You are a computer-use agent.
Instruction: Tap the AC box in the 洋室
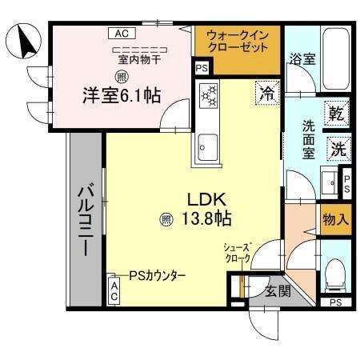tap(121, 34)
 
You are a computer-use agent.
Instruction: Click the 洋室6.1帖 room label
tap(119, 95)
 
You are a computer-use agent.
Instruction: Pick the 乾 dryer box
tap(336, 114)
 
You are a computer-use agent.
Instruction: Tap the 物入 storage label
tap(335, 218)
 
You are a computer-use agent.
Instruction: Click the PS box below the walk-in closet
tap(202, 69)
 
